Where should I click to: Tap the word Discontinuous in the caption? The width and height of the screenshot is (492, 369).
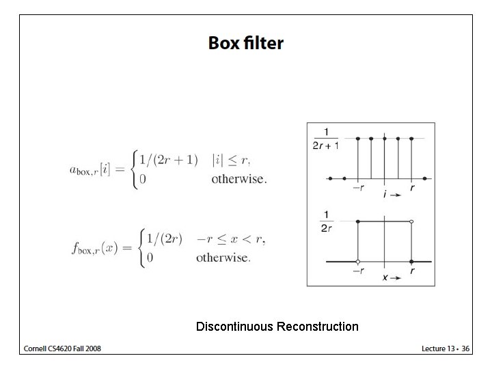tap(234, 327)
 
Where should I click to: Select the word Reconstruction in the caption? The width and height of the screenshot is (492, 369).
tap(317, 327)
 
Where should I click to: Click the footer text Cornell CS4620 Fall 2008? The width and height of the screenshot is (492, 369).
tap(62, 348)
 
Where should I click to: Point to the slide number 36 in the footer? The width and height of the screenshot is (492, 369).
tap(465, 348)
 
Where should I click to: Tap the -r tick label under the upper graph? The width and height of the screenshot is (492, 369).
tap(357, 187)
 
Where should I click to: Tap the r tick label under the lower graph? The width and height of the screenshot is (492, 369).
tap(411, 271)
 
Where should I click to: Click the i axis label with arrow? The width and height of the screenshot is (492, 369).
tap(391, 195)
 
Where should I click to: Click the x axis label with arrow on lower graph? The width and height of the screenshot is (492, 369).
tap(390, 278)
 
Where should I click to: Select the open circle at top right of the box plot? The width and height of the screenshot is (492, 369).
tap(411, 221)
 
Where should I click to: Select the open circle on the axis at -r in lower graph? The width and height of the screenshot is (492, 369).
tap(358, 262)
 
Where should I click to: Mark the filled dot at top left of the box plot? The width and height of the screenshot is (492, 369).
tap(358, 221)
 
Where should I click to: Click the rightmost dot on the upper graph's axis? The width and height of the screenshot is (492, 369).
tap(425, 178)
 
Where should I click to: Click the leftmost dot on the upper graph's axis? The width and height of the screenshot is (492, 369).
tap(331, 178)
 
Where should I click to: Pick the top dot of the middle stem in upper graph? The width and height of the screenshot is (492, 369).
tap(385, 138)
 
